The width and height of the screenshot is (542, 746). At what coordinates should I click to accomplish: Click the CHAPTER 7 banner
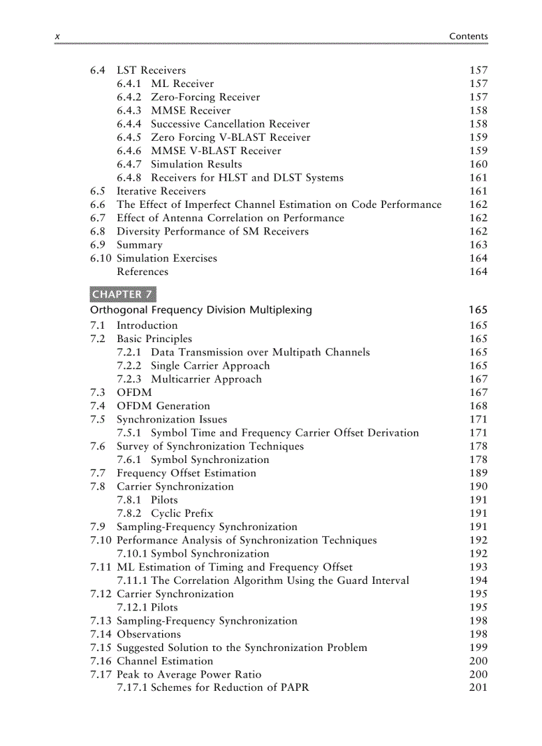123,294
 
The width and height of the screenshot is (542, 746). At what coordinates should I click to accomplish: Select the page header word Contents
468,37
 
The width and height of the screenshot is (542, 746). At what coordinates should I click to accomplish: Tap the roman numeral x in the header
57,37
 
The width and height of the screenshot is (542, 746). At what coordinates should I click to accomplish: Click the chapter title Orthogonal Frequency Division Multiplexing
201,310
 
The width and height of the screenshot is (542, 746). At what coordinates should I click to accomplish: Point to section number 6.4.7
129,164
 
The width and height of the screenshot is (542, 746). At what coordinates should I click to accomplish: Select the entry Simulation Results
196,164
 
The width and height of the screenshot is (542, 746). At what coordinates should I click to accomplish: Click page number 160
478,164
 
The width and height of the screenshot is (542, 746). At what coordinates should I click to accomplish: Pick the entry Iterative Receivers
161,191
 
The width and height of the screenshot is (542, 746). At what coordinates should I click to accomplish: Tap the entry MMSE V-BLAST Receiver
216,151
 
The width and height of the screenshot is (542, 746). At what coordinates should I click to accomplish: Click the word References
142,272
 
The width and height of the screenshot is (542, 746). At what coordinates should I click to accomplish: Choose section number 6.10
101,258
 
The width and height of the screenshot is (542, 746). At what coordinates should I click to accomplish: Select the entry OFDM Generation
163,406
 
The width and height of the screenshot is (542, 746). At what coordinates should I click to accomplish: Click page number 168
478,406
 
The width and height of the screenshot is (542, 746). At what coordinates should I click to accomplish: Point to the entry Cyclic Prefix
182,513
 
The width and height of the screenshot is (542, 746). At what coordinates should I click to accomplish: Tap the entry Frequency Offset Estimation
186,473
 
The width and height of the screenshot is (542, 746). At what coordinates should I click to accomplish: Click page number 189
478,473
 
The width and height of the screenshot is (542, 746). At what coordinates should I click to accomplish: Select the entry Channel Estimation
165,661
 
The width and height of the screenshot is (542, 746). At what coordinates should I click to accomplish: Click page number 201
478,688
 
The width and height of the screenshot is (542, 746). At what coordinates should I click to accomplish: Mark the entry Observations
148,634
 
